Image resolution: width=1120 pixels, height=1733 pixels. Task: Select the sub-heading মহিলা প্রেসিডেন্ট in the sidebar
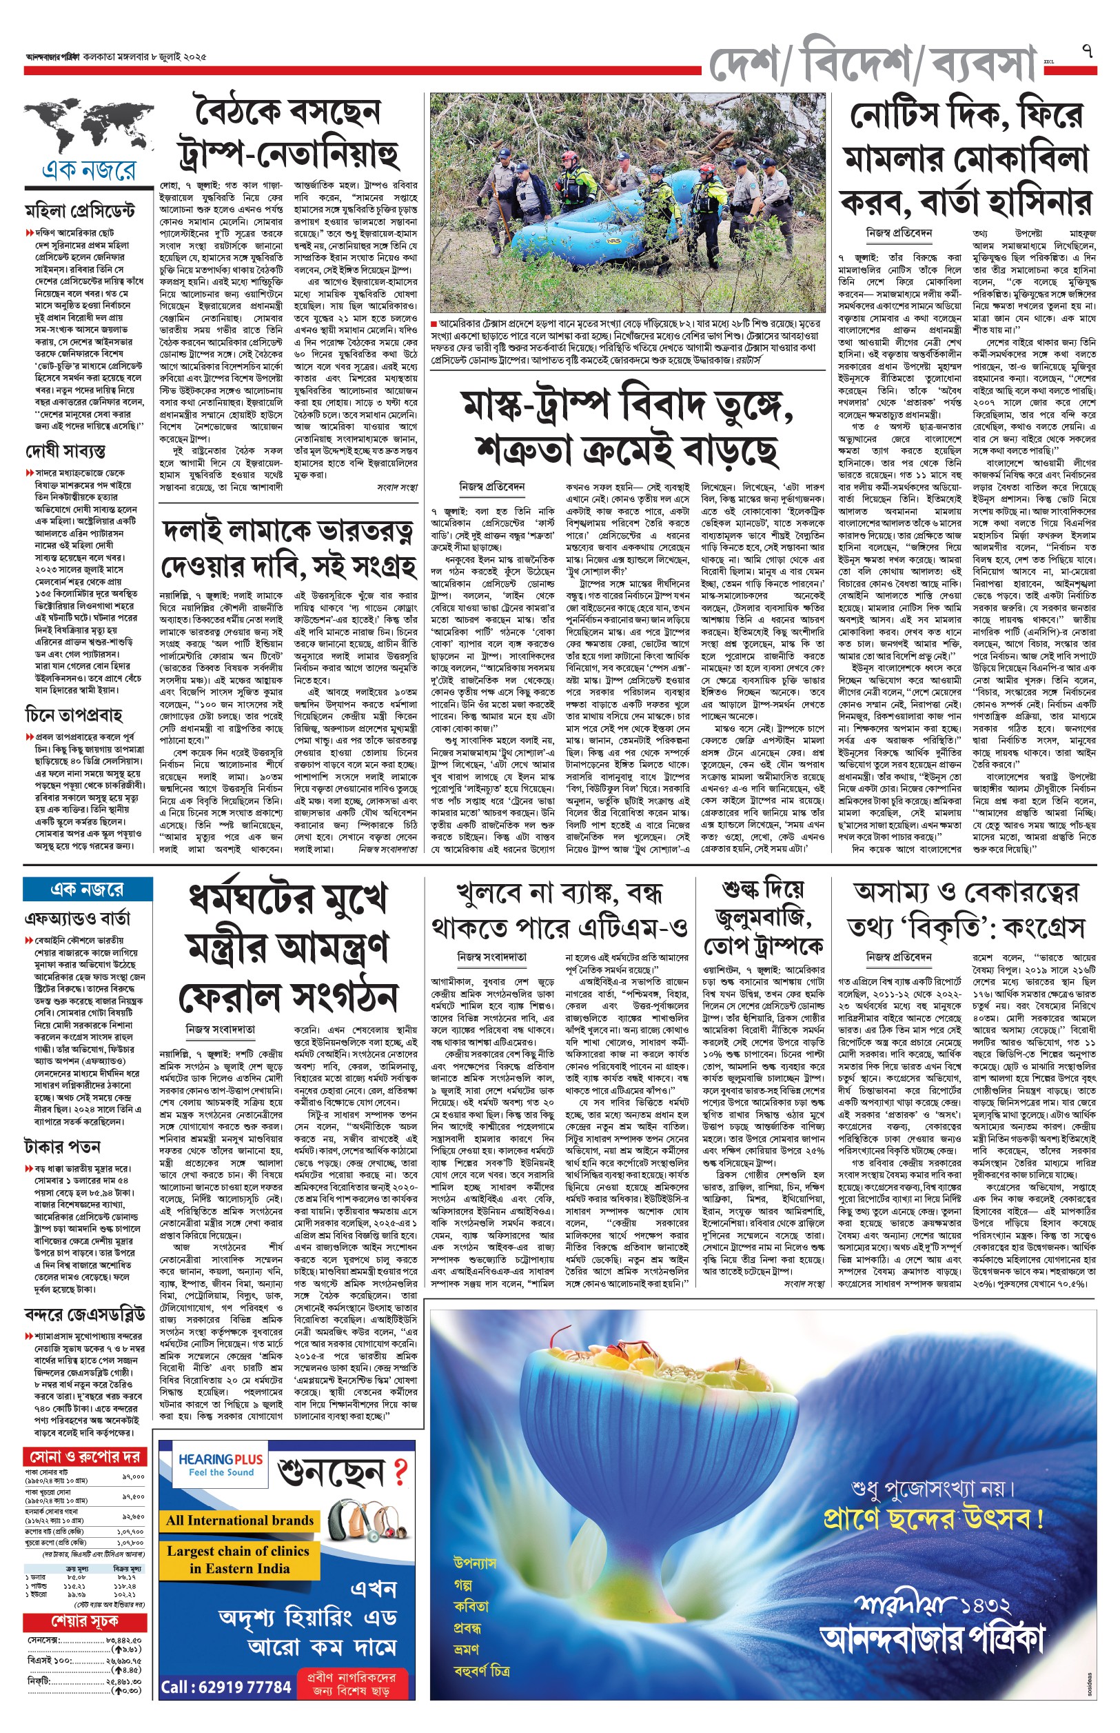tap(80, 212)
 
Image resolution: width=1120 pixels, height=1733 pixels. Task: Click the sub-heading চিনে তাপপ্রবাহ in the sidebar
tap(74, 714)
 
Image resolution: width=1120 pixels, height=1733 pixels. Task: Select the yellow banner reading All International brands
tap(239, 1521)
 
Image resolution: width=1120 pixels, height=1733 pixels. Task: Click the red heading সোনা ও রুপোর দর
tap(85, 1456)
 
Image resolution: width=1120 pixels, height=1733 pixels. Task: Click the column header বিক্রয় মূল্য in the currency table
tap(128, 1570)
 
